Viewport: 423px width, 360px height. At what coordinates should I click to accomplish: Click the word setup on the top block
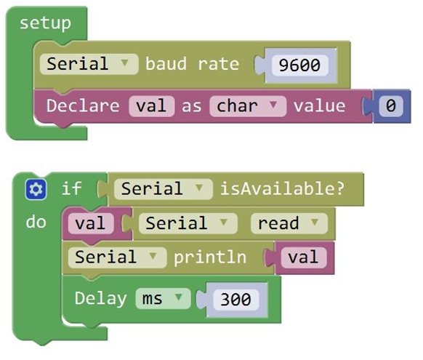point(45,23)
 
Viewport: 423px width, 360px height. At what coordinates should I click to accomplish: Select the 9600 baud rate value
point(299,65)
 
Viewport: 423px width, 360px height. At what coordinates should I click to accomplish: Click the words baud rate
point(193,64)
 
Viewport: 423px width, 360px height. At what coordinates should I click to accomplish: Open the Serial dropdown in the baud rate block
point(89,64)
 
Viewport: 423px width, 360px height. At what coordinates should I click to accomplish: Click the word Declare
point(83,105)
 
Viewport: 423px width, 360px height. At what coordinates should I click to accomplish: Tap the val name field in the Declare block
point(152,106)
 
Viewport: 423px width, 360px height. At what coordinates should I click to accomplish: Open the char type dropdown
point(248,106)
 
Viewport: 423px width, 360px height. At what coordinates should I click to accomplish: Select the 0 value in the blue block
point(391,105)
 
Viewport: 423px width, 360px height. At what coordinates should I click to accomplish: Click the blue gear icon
point(36,189)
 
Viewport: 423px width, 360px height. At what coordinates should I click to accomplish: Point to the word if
point(71,188)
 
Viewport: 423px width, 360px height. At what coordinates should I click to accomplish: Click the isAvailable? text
point(282,188)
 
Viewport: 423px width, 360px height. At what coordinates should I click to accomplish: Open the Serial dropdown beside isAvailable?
point(164,189)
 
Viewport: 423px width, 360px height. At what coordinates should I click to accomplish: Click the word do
point(36,223)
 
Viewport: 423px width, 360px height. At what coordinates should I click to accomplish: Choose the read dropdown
point(289,223)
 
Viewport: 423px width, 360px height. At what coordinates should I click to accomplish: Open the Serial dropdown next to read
point(188,223)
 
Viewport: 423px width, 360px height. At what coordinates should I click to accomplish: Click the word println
point(210,257)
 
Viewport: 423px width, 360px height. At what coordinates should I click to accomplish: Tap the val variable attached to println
point(304,257)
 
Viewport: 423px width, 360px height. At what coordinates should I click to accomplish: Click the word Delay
point(100,299)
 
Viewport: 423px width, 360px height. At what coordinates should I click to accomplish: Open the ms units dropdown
point(163,299)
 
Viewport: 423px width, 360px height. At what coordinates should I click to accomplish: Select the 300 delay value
point(235,300)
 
